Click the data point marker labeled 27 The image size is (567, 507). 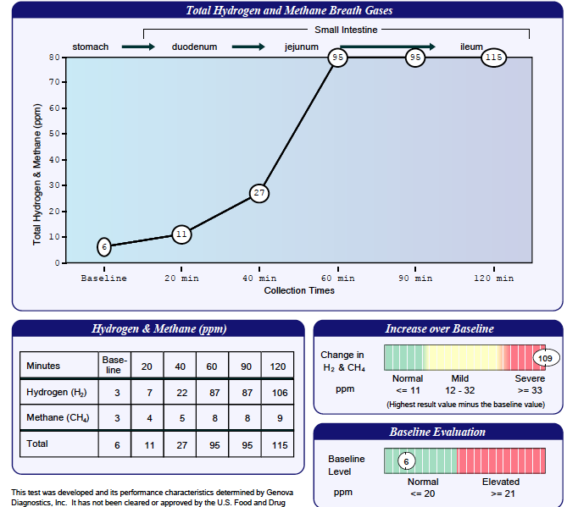point(259,193)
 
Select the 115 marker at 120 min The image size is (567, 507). point(493,58)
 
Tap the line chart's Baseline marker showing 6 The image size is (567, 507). point(103,247)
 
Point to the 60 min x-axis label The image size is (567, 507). point(337,278)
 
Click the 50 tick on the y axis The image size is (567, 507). point(53,134)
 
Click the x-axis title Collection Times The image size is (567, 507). point(298,290)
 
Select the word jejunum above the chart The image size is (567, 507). point(301,47)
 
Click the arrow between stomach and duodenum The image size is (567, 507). point(138,47)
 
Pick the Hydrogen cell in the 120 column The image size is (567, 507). point(278,392)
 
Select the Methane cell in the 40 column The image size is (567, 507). point(180,417)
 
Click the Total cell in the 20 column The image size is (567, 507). point(147,444)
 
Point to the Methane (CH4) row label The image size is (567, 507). point(58,417)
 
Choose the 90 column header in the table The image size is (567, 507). point(245,366)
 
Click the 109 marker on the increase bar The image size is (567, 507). point(545,358)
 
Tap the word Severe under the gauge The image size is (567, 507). point(530,378)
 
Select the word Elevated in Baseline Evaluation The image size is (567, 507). point(500,482)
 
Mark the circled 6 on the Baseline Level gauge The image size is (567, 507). point(406,461)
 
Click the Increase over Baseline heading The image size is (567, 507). point(438,328)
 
